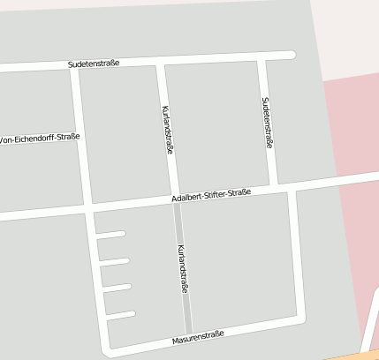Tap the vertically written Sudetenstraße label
[x=268, y=122]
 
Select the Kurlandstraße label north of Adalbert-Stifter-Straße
[x=168, y=130]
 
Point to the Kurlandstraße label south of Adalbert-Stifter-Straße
[x=183, y=269]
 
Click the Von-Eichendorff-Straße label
[x=41, y=139]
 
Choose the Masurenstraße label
[x=199, y=337]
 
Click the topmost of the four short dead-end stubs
[x=110, y=235]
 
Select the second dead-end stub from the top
[x=115, y=261]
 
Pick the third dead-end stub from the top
[x=117, y=288]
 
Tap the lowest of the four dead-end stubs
[x=120, y=315]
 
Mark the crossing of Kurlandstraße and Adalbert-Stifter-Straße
[x=175, y=202]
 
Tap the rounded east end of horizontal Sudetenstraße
[x=291, y=56]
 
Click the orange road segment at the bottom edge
[x=353, y=356]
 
